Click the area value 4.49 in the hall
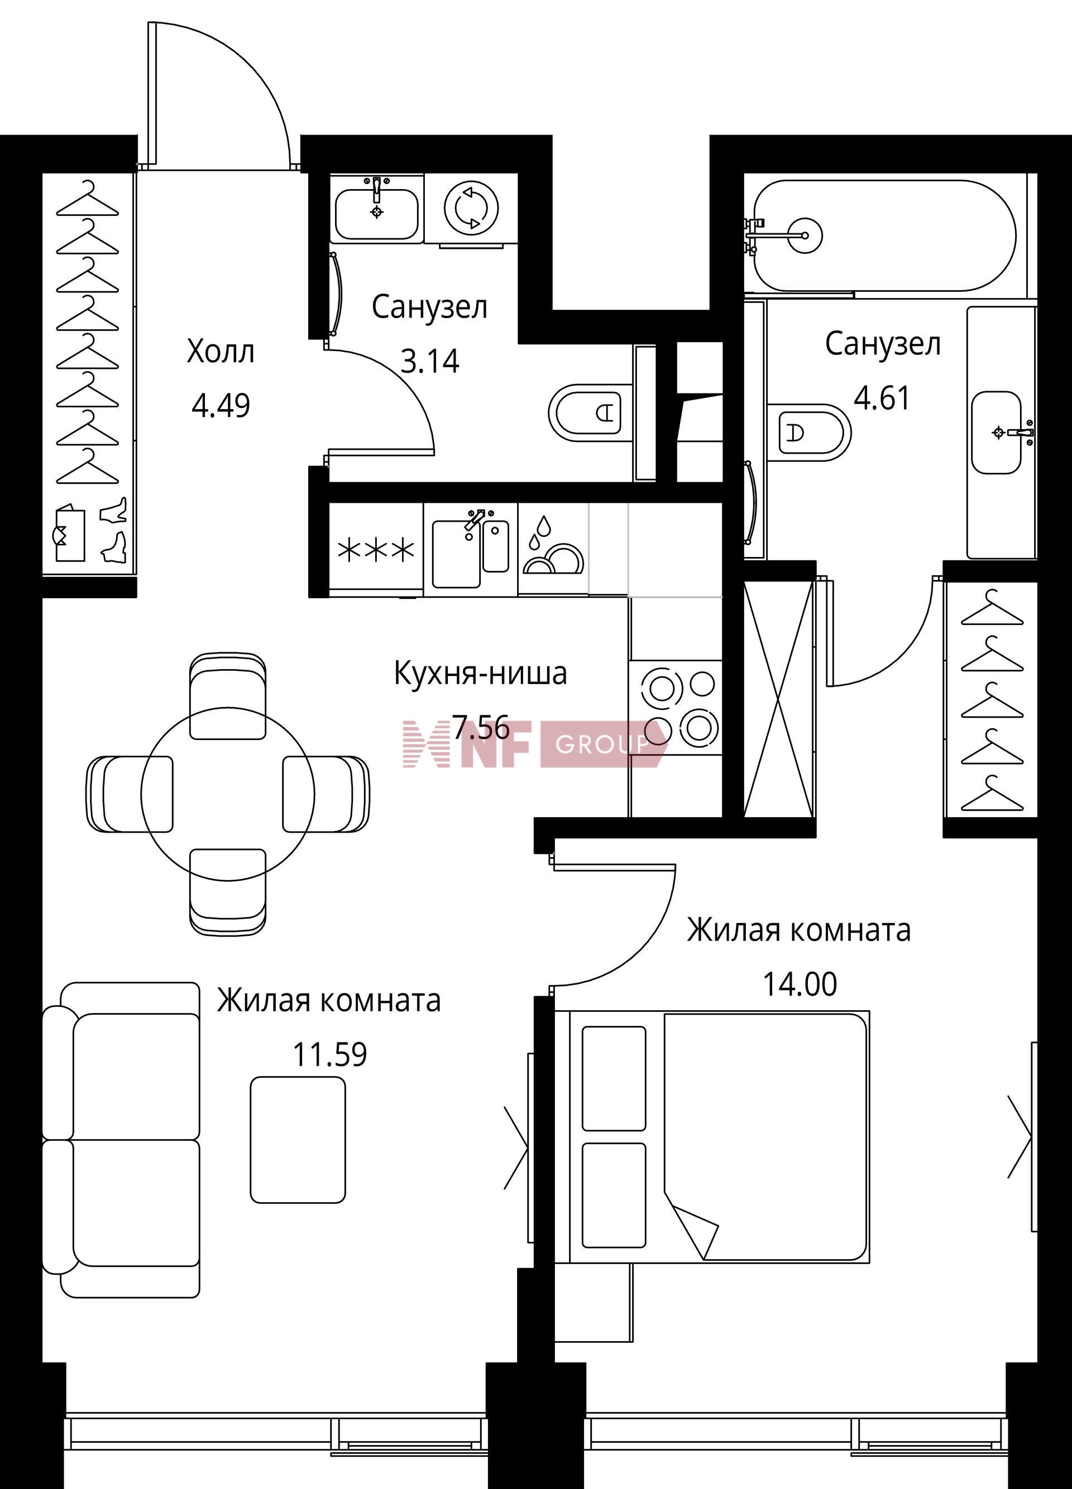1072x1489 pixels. (x=221, y=406)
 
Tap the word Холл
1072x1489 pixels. (x=220, y=352)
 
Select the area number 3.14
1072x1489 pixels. (x=429, y=361)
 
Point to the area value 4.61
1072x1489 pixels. (x=882, y=398)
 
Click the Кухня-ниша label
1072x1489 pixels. (x=480, y=674)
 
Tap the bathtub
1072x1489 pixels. (x=884, y=235)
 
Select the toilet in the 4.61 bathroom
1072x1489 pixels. (x=808, y=433)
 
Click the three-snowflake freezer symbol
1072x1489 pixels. (x=376, y=550)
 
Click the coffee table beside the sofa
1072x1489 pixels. (x=298, y=1140)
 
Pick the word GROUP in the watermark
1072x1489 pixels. (x=602, y=744)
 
